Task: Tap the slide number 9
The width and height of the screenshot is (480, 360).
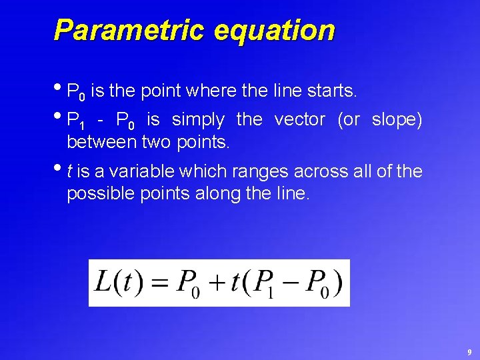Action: coord(469,351)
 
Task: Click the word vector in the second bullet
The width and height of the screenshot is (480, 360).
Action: coord(300,120)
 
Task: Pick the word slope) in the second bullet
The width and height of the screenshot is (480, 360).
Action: coord(397,120)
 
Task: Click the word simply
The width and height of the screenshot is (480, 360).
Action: coord(198,120)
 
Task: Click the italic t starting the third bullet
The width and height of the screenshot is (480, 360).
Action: coord(70,172)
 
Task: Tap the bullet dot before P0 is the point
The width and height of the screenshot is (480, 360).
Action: coord(60,87)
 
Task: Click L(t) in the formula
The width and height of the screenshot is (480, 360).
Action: coord(115,281)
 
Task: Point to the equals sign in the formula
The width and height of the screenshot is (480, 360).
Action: coord(157,283)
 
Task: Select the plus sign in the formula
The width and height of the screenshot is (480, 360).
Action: coord(214,283)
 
